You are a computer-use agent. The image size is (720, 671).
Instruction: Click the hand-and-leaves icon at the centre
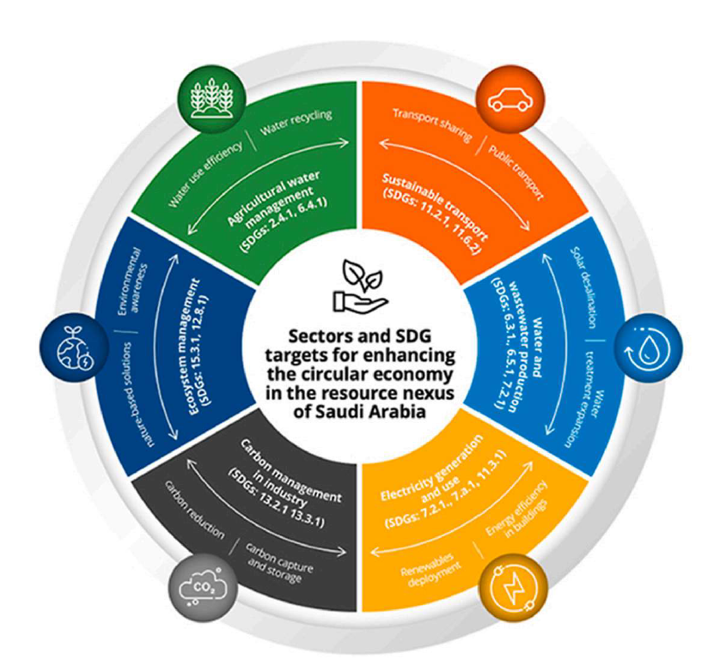point(361,283)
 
